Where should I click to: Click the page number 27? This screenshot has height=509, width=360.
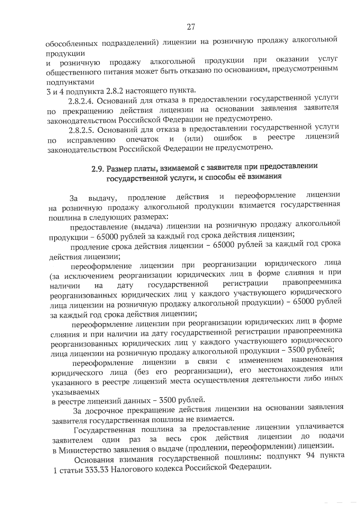[191, 27]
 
